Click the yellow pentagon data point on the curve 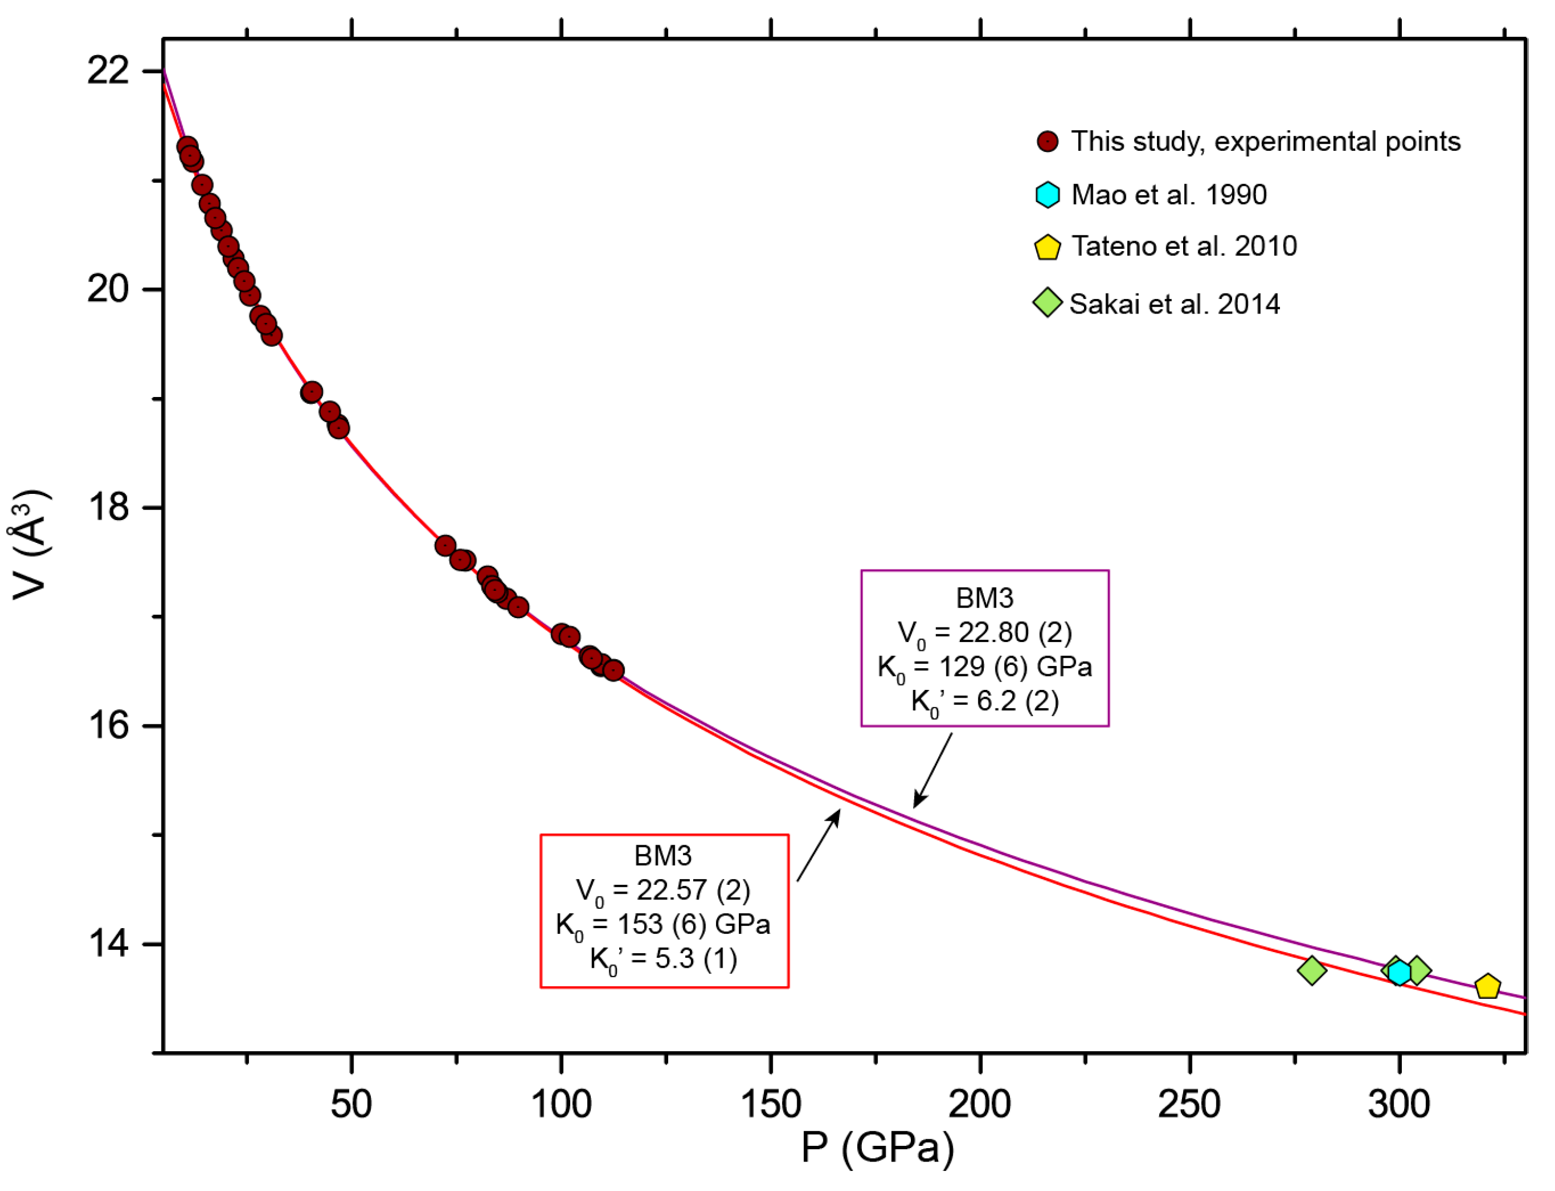(x=1487, y=986)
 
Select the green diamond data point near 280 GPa (x=1312, y=970)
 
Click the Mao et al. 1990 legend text (x=1169, y=195)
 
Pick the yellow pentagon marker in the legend (x=1047, y=247)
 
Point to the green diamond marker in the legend (x=1047, y=303)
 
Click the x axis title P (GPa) (x=877, y=1149)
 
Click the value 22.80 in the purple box (x=993, y=633)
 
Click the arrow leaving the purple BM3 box (x=933, y=770)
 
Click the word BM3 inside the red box (x=663, y=856)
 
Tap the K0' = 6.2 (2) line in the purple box (x=984, y=702)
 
